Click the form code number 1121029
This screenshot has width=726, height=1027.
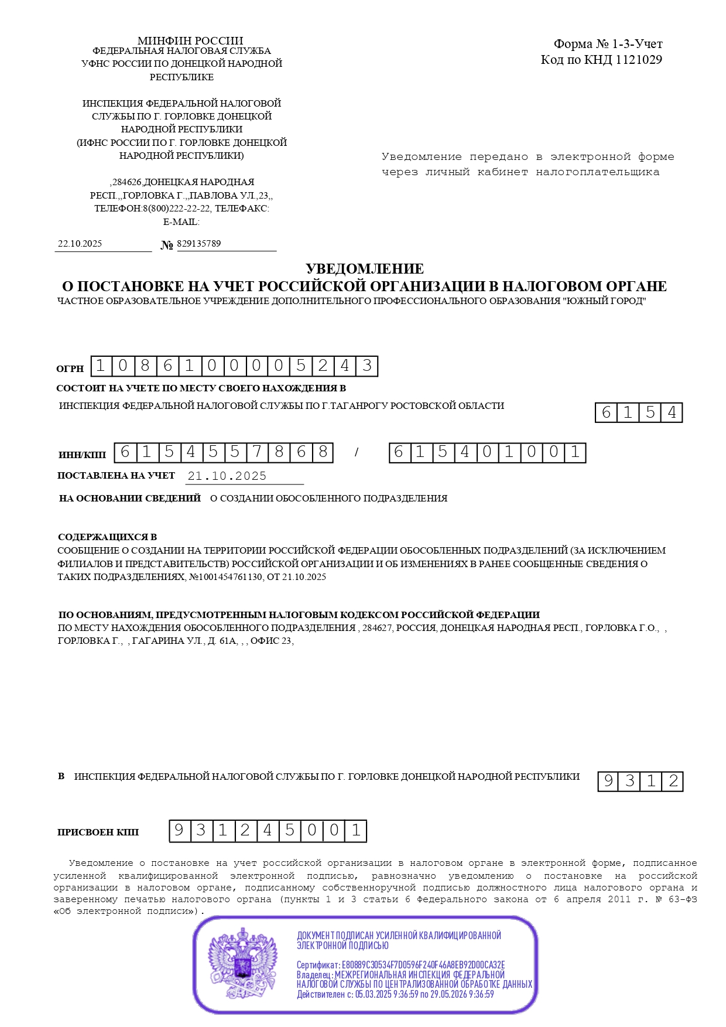pyautogui.click(x=639, y=60)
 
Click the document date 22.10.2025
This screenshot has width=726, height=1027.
pyautogui.click(x=80, y=244)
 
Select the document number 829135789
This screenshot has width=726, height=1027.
pyautogui.click(x=198, y=244)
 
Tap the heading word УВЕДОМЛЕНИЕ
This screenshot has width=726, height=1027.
pyautogui.click(x=364, y=269)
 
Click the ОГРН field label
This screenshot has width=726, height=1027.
pyautogui.click(x=70, y=369)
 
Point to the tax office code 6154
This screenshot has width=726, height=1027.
pyautogui.click(x=639, y=412)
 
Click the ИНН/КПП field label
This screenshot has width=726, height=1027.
pyautogui.click(x=83, y=455)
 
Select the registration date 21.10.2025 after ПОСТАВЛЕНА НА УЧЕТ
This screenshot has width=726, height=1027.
pyautogui.click(x=227, y=476)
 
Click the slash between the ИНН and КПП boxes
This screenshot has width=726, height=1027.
pyautogui.click(x=356, y=453)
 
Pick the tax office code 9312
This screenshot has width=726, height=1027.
pyautogui.click(x=641, y=781)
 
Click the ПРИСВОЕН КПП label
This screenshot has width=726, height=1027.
pyautogui.click(x=98, y=832)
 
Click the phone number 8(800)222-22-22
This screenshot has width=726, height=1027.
pyautogui.click(x=177, y=209)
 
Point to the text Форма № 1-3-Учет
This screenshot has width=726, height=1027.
pyautogui.click(x=608, y=44)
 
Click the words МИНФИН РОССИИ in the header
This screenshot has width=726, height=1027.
pyautogui.click(x=190, y=40)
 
